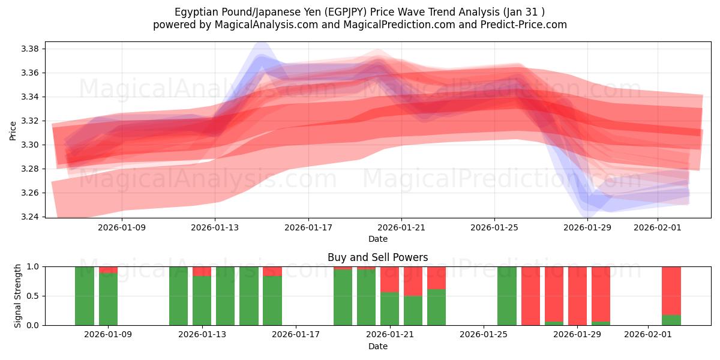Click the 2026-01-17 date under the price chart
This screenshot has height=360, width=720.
(308, 228)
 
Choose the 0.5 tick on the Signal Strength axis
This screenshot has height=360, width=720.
(34, 296)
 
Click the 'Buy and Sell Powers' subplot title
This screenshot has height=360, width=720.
(377, 257)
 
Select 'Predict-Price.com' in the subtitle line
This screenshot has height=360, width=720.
(527, 25)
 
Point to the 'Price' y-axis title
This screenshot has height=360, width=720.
(13, 130)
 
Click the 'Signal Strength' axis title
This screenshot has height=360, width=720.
(18, 295)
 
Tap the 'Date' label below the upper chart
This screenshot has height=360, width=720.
(377, 239)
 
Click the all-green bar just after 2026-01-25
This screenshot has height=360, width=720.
(507, 296)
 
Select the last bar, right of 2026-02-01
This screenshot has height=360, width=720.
(671, 296)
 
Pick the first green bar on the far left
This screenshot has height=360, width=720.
(85, 296)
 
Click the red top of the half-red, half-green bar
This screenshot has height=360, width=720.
(413, 281)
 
